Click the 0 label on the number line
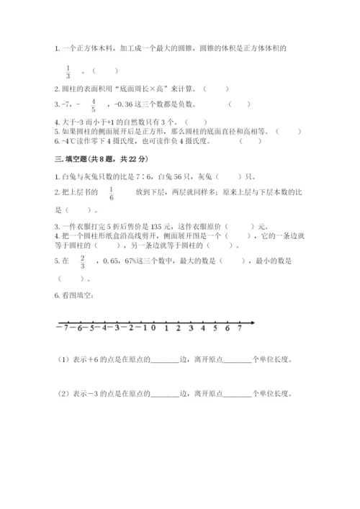[153, 328]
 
